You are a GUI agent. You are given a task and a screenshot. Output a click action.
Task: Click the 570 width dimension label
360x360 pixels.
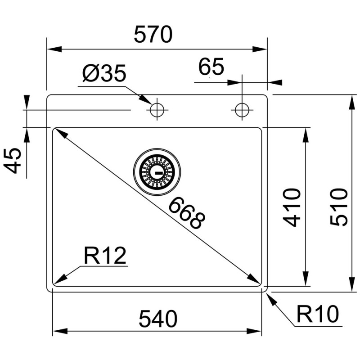pyautogui.click(x=153, y=35)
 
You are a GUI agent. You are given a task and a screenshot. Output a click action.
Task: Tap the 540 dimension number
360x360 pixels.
pyautogui.click(x=158, y=319)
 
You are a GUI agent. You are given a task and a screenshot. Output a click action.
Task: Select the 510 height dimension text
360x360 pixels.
pyautogui.click(x=339, y=207)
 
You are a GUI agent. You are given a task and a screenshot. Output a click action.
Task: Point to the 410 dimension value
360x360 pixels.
pyautogui.click(x=292, y=207)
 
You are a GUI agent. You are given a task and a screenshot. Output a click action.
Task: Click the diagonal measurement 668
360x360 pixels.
pyautogui.click(x=187, y=213)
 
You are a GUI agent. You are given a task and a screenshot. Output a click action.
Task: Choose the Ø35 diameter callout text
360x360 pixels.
pyautogui.click(x=104, y=73)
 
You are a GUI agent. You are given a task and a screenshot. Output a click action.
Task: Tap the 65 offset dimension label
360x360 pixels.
pyautogui.click(x=211, y=67)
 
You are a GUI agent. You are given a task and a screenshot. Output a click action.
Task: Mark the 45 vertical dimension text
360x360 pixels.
pyautogui.click(x=12, y=161)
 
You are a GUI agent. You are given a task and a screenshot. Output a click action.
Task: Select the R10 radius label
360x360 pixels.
pyautogui.click(x=318, y=314)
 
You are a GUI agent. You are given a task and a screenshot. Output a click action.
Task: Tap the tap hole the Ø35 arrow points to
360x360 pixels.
pyautogui.click(x=157, y=110)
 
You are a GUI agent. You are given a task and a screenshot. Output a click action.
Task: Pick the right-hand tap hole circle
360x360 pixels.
pyautogui.click(x=242, y=110)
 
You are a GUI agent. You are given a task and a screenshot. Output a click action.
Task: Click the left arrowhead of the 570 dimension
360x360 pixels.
pyautogui.click(x=54, y=49)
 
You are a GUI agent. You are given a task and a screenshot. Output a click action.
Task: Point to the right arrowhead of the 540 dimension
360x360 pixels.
pyautogui.click(x=254, y=331)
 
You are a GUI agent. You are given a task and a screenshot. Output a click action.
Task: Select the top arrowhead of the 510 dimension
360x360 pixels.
pyautogui.click(x=351, y=103)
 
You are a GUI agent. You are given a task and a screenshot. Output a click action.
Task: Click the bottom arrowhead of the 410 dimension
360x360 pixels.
pyautogui.click(x=306, y=279)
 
